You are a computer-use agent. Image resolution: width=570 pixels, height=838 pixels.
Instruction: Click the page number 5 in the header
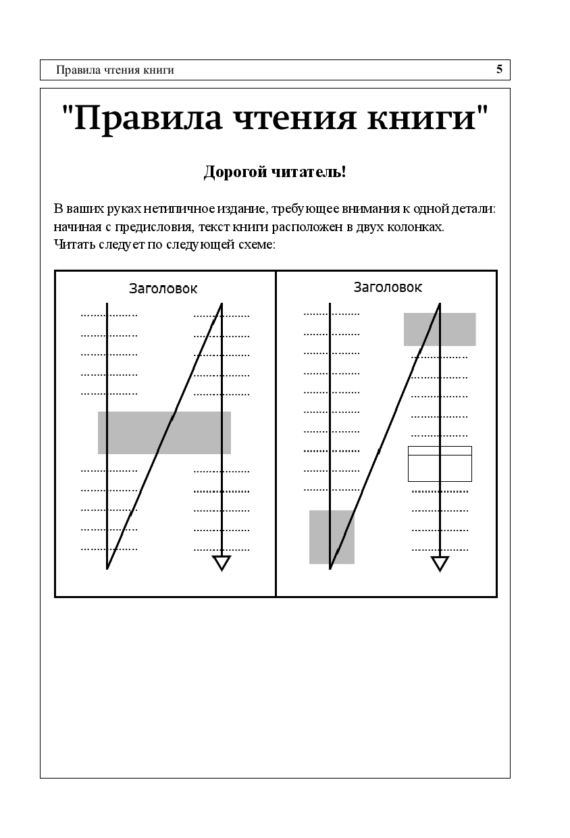tap(499, 69)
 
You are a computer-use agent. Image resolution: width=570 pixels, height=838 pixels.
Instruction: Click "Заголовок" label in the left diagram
tap(163, 289)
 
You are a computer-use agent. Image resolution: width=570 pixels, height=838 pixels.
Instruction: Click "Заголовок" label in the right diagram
tap(388, 287)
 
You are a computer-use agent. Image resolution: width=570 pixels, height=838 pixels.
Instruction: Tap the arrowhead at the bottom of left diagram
tap(222, 563)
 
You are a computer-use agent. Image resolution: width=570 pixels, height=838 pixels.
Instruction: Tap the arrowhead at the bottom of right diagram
tap(440, 564)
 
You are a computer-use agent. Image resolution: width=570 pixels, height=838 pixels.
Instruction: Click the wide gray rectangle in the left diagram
tap(164, 433)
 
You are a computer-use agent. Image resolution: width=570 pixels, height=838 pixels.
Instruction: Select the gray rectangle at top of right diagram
tap(440, 329)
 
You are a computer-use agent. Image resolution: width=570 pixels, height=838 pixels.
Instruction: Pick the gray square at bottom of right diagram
tap(332, 537)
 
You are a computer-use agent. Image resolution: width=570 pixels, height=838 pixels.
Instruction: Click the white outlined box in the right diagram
tap(440, 464)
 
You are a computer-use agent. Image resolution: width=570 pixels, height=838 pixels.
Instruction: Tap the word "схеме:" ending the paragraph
tap(257, 244)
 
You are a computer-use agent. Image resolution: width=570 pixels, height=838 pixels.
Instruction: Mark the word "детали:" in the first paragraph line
tap(475, 209)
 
